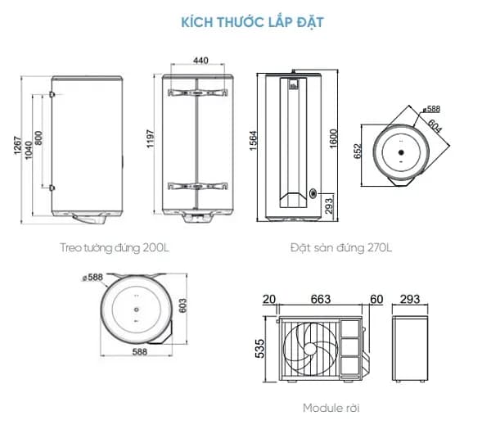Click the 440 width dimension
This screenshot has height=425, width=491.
click(x=201, y=60)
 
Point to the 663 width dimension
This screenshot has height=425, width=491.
click(x=321, y=299)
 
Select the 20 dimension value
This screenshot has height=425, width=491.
click(x=268, y=299)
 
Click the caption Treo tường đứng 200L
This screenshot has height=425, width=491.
click(x=114, y=246)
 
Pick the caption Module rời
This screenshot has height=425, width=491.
click(x=331, y=407)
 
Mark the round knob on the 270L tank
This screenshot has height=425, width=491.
click(x=314, y=193)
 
